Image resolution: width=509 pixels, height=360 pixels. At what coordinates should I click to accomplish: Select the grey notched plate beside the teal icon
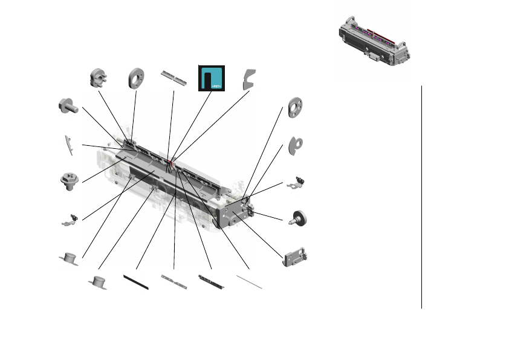248,79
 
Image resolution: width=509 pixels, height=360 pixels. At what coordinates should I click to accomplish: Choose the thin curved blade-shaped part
69,145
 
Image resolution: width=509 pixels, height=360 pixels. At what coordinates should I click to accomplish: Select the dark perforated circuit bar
212,279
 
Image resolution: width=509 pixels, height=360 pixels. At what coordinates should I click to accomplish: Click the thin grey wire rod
249,281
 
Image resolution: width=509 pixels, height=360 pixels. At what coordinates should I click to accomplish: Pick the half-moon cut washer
296,144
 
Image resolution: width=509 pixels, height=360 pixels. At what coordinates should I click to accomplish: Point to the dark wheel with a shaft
297,218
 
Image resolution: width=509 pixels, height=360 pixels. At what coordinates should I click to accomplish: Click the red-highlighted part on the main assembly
173,162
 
